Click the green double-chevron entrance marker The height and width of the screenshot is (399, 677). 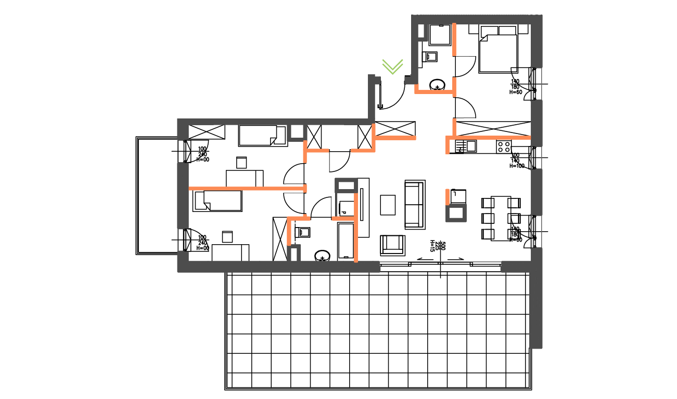point(392,66)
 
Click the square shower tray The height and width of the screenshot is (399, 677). point(440,35)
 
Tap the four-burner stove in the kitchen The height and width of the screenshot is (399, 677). point(503,147)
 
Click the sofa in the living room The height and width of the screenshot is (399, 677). point(415,204)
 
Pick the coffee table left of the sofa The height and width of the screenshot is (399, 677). point(388,204)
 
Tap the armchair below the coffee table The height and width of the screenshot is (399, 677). point(392,245)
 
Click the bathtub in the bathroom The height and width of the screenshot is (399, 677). point(346,241)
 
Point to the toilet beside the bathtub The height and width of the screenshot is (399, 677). point(303,231)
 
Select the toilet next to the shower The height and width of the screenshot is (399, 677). point(431,57)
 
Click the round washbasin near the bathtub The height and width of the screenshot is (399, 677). point(323,256)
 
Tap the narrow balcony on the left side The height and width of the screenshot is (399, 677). point(156,195)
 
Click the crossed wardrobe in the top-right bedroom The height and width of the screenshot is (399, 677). point(492,128)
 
